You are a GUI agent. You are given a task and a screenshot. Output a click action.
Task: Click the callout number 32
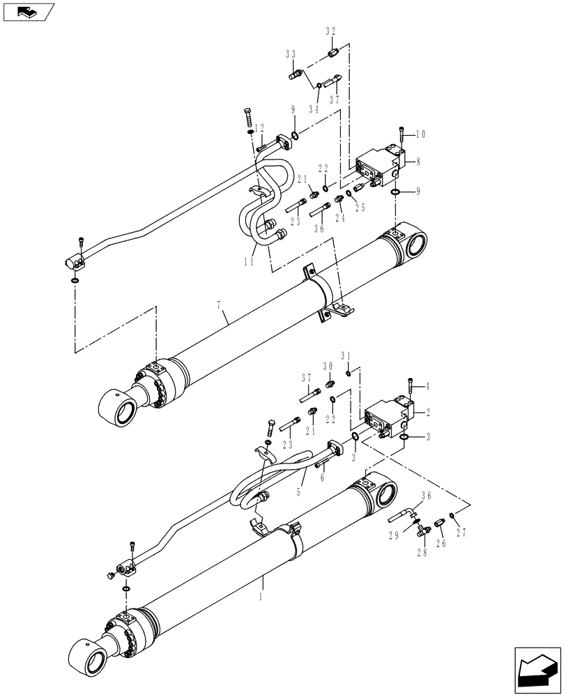pos(330,31)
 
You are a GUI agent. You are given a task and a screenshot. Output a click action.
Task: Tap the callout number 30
pos(329,367)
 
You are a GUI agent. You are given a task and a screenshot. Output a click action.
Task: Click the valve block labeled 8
pos(377,167)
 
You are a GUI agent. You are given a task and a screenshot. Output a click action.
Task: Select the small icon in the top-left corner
pos(28,12)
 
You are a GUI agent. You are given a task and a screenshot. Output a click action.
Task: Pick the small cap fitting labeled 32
pos(333,52)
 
